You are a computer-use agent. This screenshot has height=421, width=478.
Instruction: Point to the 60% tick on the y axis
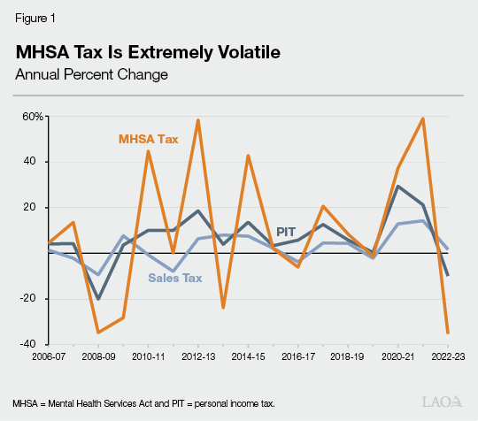(x=33, y=117)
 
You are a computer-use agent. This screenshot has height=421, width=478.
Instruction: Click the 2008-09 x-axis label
(x=98, y=356)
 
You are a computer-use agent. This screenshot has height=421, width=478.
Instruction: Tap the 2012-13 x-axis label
(x=198, y=356)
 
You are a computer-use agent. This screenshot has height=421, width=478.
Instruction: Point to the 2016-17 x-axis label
(x=298, y=356)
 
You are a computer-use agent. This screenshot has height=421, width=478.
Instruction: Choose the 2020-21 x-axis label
(x=398, y=356)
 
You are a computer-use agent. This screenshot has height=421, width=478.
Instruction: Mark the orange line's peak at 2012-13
(x=197, y=120)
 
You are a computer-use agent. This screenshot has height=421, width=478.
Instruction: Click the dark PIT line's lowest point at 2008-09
(x=98, y=299)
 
